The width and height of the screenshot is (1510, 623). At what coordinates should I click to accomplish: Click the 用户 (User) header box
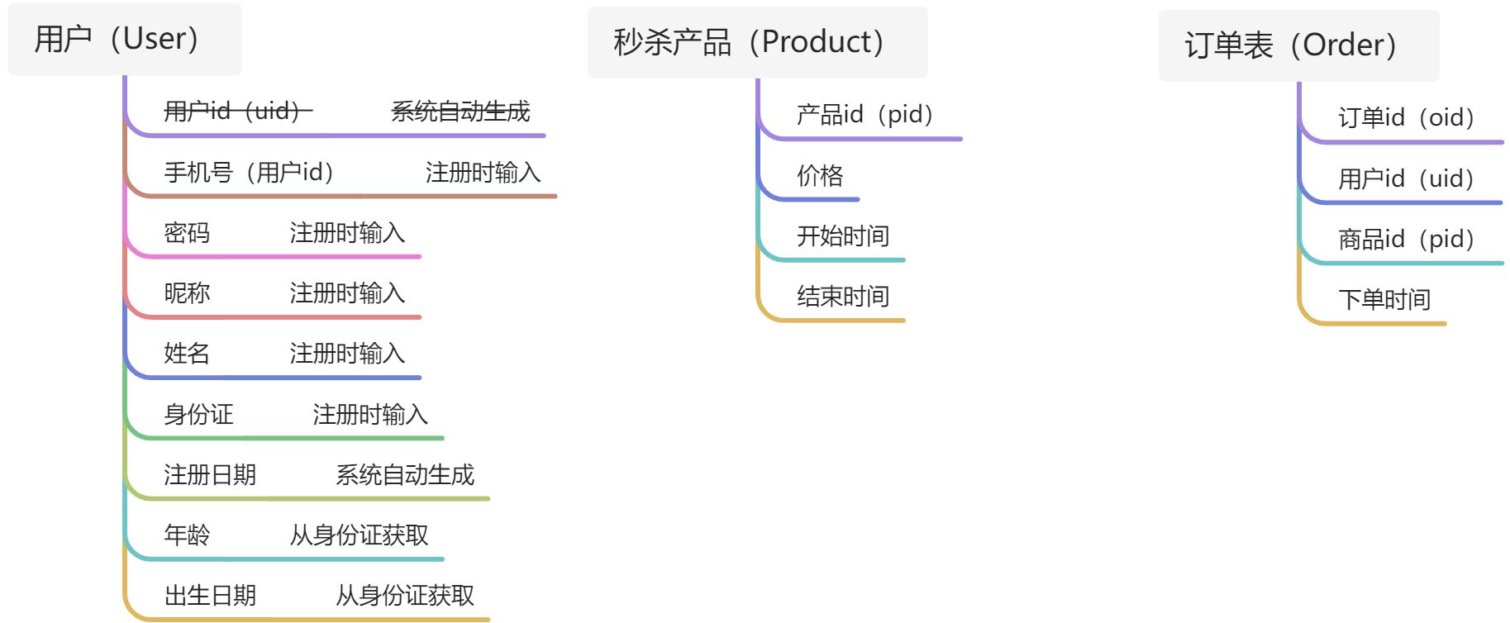(124, 39)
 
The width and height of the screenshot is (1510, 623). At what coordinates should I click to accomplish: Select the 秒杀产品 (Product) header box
(756, 42)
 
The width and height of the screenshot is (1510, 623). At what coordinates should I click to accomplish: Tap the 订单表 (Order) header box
(1298, 45)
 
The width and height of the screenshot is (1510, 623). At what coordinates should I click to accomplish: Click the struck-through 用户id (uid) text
(238, 111)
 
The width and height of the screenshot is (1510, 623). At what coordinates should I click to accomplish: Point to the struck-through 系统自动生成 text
(460, 111)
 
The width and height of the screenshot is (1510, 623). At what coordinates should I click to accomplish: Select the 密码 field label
(187, 232)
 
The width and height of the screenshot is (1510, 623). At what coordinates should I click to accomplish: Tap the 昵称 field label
(187, 292)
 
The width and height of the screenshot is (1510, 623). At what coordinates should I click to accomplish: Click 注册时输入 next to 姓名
(347, 353)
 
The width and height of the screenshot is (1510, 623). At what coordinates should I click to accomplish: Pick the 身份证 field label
(198, 414)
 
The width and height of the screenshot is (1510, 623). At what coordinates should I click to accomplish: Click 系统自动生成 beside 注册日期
(405, 474)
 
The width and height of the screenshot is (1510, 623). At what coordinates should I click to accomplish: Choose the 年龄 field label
(187, 535)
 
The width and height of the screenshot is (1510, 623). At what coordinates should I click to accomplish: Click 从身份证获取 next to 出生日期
(405, 595)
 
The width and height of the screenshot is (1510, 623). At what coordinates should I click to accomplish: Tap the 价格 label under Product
(820, 175)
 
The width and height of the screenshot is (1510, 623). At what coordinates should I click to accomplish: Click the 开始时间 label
(843, 235)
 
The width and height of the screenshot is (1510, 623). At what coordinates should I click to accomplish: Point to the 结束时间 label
(843, 296)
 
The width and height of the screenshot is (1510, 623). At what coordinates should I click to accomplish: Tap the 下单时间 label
(1384, 299)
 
